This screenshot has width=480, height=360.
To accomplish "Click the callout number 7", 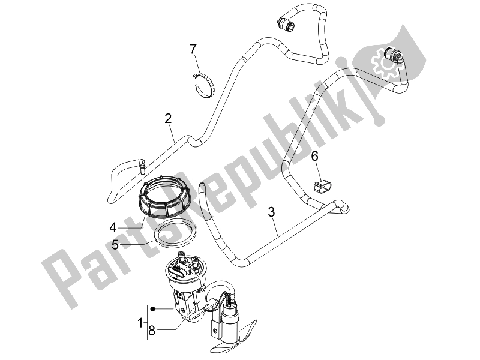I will tap(193, 49).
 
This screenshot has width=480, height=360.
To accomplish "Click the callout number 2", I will tap(169, 118).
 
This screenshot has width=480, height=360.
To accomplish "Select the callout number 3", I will tap(271, 211).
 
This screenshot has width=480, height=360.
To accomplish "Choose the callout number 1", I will tap(140, 323).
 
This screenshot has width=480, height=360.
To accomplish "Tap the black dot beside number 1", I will tap(154, 309).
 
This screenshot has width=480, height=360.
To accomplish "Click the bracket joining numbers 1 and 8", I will tap(146, 323).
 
